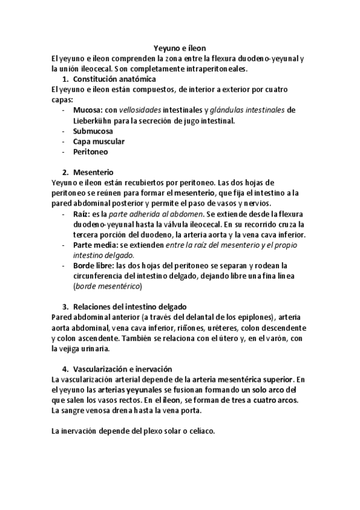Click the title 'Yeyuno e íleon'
tap(180, 48)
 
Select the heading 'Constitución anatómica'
tap(114, 79)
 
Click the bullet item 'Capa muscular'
tap(99, 141)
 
